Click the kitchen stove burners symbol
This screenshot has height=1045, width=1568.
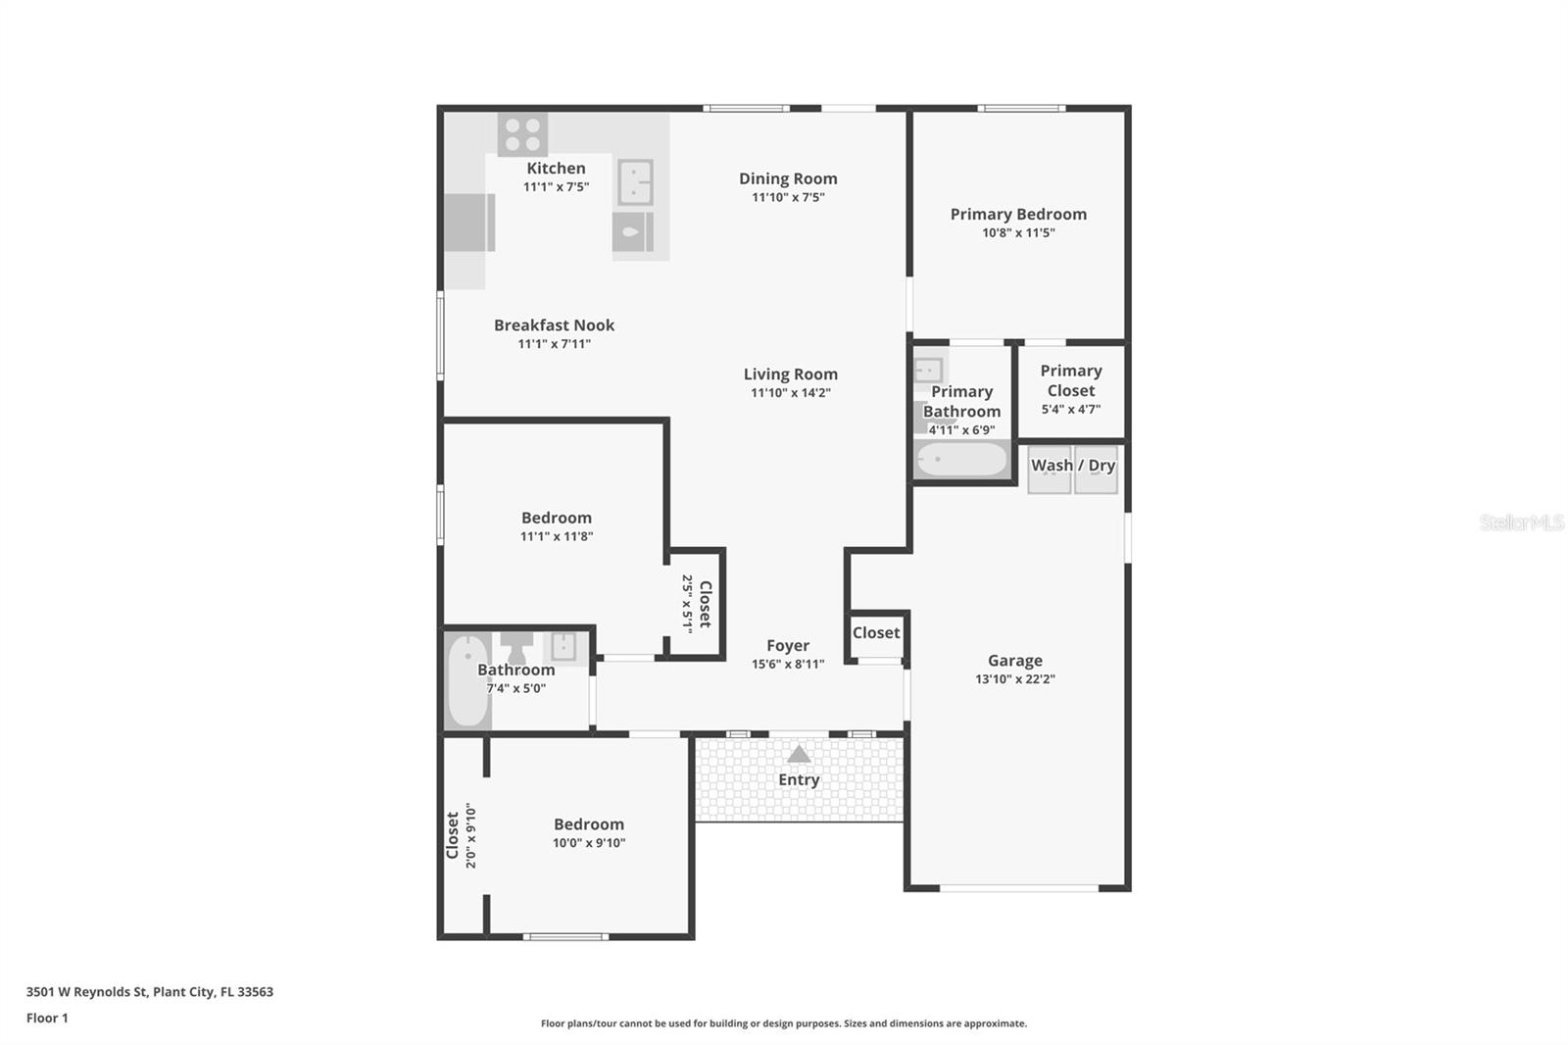coord(522,134)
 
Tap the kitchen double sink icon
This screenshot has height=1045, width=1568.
coord(635,182)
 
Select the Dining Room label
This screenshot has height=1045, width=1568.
coord(788,178)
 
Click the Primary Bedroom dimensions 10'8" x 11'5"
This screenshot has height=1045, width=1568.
coord(1018,233)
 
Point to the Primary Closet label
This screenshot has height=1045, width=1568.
coord(1070,380)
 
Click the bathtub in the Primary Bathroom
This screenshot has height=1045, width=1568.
coord(961,459)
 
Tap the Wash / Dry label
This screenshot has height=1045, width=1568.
coord(1073,466)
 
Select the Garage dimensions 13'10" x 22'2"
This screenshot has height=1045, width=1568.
coord(1014,679)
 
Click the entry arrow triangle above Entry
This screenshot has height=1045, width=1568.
coord(799,754)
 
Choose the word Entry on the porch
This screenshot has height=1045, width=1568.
coord(799,780)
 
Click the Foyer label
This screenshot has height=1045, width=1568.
coord(788,646)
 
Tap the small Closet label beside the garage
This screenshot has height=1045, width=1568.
coord(875,633)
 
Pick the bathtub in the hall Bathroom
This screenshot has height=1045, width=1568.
coord(467,681)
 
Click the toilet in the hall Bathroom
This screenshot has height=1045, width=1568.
coord(516,647)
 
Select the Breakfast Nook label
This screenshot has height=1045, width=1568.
coord(554,325)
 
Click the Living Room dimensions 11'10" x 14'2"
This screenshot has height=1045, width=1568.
coord(790,393)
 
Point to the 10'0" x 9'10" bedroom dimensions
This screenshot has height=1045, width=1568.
coord(588,843)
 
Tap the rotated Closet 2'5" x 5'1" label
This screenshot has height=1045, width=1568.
coord(697,604)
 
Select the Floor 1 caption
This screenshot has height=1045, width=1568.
coord(47,1019)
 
